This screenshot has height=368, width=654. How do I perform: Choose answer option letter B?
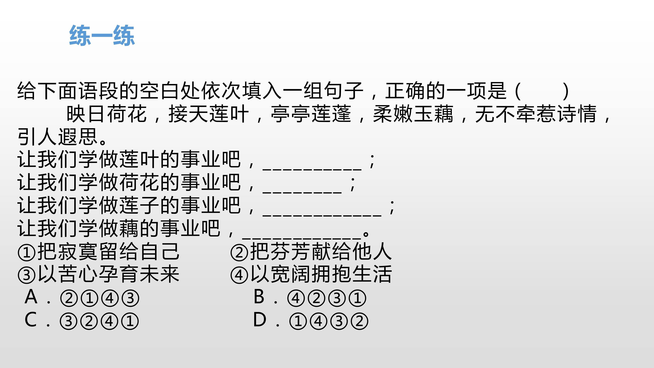(259, 296)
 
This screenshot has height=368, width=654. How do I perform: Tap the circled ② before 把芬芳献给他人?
(239, 252)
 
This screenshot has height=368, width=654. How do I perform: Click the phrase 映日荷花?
(107, 114)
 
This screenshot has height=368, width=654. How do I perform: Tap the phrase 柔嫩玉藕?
(413, 114)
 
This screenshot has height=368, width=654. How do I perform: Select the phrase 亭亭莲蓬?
(311, 114)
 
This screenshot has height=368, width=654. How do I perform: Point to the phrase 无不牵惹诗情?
(536, 114)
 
